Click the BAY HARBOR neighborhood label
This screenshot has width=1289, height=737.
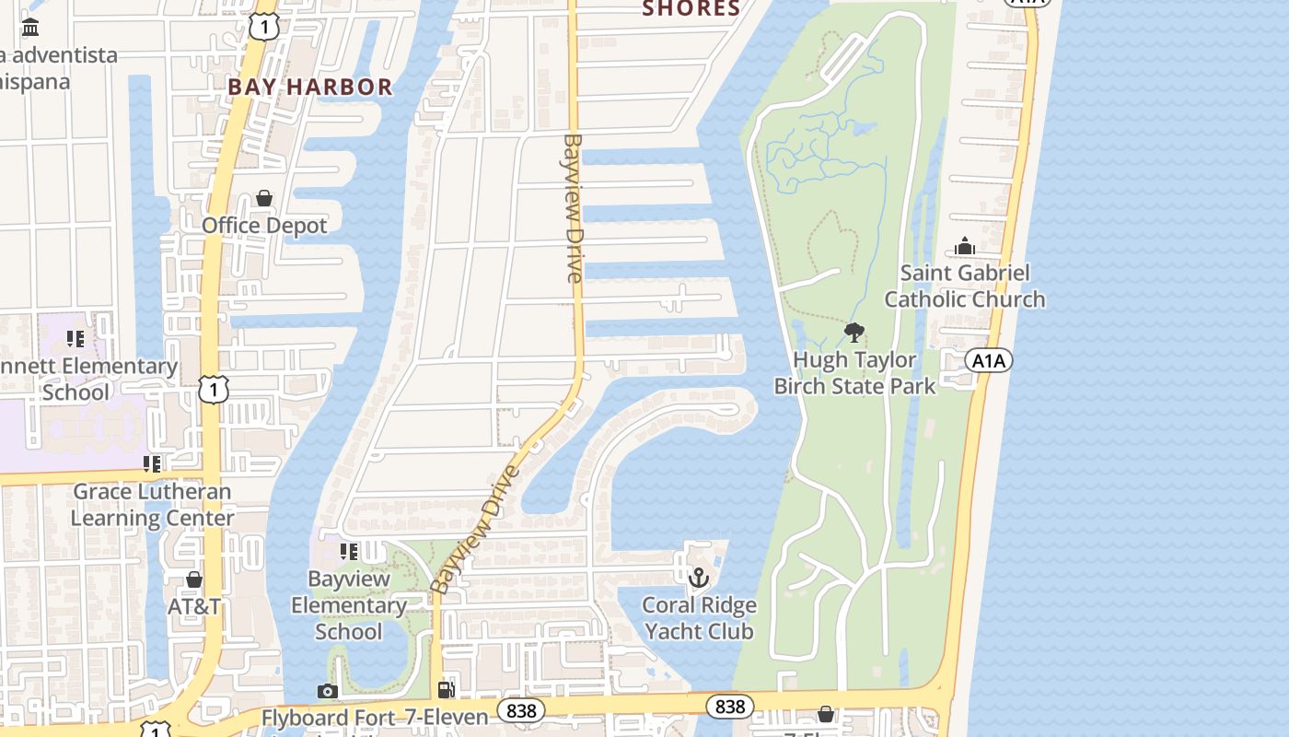pyautogui.click(x=310, y=88)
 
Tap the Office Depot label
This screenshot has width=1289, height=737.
pyautogui.click(x=264, y=226)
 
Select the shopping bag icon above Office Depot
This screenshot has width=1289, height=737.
pyautogui.click(x=264, y=198)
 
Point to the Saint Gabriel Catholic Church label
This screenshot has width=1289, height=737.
pyautogui.click(x=965, y=286)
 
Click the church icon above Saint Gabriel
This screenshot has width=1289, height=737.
pyautogui.click(x=965, y=246)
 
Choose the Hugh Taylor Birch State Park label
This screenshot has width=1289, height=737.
pyautogui.click(x=854, y=372)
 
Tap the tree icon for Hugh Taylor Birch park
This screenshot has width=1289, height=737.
pyautogui.click(x=854, y=333)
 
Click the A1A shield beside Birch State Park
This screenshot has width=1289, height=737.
pyautogui.click(x=989, y=360)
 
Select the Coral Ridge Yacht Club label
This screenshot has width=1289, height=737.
pyautogui.click(x=699, y=618)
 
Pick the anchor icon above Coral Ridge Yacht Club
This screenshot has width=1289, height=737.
pyautogui.click(x=699, y=578)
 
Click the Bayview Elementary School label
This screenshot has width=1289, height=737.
pyautogui.click(x=348, y=605)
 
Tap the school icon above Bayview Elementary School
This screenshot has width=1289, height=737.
pyautogui.click(x=348, y=552)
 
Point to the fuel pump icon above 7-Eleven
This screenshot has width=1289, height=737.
pyautogui.click(x=447, y=690)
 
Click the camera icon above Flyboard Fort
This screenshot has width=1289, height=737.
pyautogui.click(x=327, y=691)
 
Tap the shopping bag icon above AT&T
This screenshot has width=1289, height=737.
pyautogui.click(x=194, y=579)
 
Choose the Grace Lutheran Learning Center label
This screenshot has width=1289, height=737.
pyautogui.click(x=153, y=505)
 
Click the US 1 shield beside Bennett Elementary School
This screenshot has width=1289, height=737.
pyautogui.click(x=214, y=390)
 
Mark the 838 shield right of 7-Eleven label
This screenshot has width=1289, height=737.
pyautogui.click(x=521, y=710)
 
